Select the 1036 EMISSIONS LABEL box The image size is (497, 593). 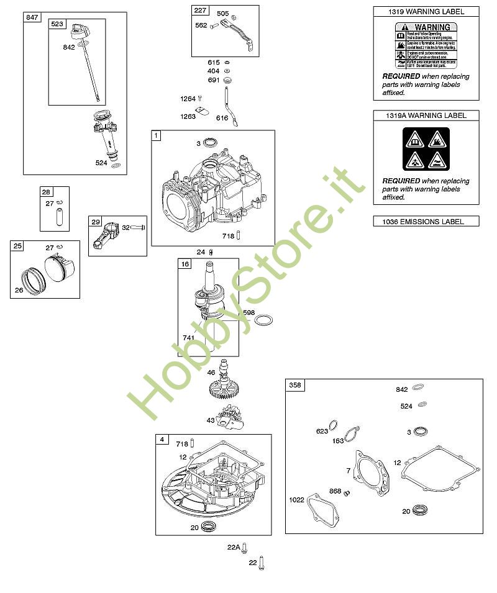tap(426, 221)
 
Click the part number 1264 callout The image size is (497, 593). tap(188, 99)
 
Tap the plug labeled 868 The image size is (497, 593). tap(349, 493)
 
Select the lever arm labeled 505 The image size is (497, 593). tap(235, 31)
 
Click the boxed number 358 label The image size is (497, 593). tap(295, 385)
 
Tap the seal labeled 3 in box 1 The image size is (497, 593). tap(211, 144)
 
